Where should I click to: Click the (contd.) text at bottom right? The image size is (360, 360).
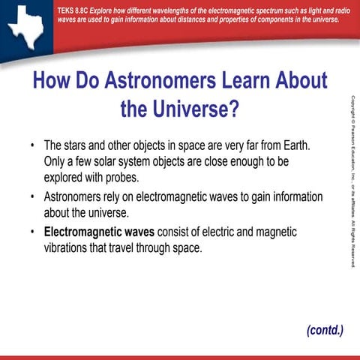[324, 330]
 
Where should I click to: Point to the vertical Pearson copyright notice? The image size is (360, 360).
[352, 180]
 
